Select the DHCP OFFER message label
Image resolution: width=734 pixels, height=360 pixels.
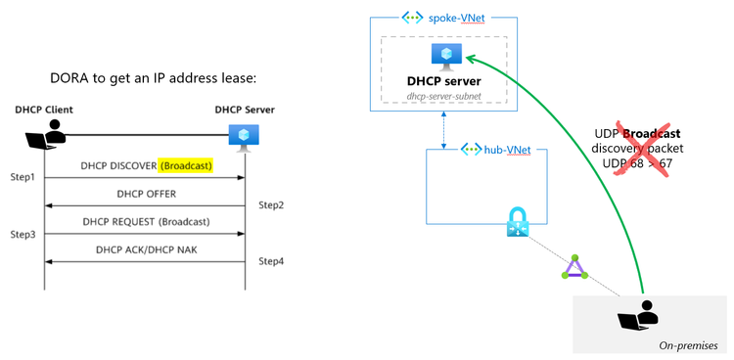[x=146, y=194]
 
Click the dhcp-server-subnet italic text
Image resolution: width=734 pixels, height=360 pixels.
[x=446, y=96]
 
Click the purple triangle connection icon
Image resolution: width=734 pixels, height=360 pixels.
[x=573, y=266]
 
